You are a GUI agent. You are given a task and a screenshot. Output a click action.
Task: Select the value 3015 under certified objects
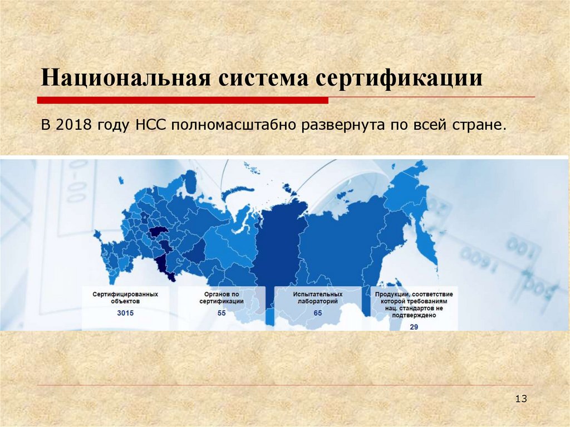click(x=125, y=313)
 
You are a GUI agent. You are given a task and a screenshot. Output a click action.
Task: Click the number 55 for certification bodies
click(x=222, y=313)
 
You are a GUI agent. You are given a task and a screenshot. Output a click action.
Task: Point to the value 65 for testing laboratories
click(x=318, y=313)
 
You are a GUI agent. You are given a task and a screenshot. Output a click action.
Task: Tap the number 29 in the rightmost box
click(x=414, y=327)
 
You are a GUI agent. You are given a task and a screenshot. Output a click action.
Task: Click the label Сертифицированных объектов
click(x=125, y=297)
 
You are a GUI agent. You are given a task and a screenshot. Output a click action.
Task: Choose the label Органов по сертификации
click(x=222, y=297)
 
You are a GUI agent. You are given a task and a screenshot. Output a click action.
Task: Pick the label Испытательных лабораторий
click(x=318, y=297)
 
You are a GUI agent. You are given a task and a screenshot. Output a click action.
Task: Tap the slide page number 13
click(x=521, y=399)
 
